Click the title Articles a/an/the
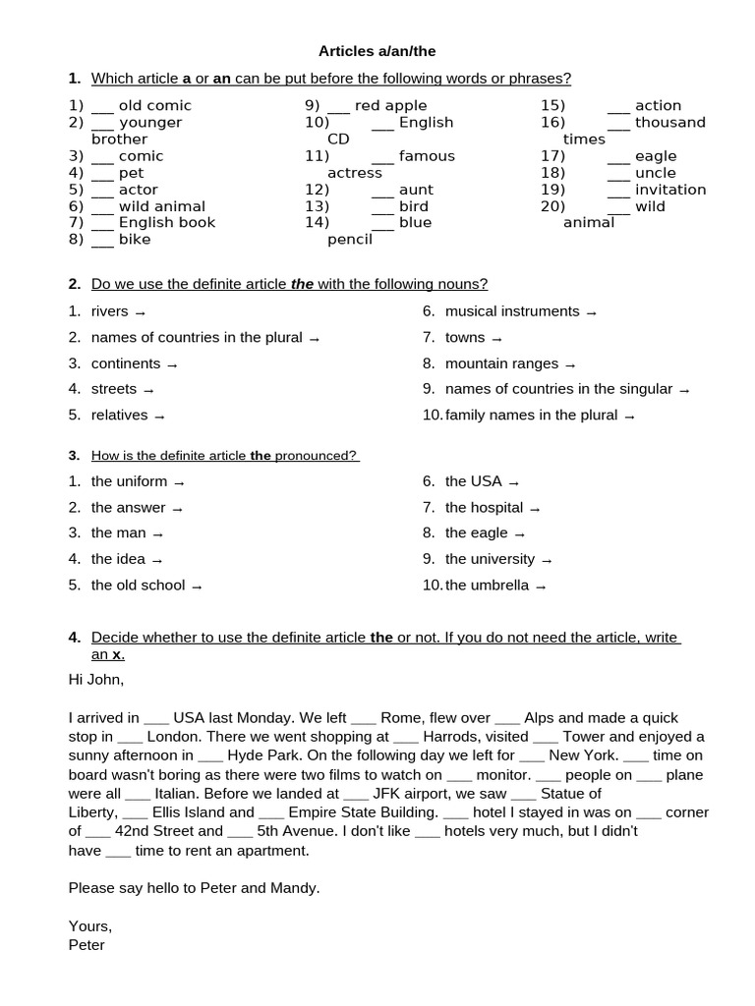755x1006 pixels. coord(377,51)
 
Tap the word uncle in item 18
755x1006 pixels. coord(656,173)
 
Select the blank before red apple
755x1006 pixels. coord(338,106)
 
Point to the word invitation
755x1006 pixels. coord(670,190)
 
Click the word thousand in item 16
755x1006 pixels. coord(670,123)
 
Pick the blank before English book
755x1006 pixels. coord(103,223)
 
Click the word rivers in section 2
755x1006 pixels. coord(110,311)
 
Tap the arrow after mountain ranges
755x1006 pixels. coord(570,364)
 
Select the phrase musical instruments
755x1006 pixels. coord(512,311)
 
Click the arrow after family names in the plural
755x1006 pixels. coord(630,417)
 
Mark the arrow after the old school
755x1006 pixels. coord(197,587)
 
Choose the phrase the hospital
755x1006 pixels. coord(484,508)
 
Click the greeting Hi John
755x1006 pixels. coord(96,679)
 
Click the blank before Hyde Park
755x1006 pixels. coord(210,755)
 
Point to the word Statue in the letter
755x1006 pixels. coord(572,794)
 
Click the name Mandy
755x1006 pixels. coord(297,888)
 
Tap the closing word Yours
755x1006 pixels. coord(90,926)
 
